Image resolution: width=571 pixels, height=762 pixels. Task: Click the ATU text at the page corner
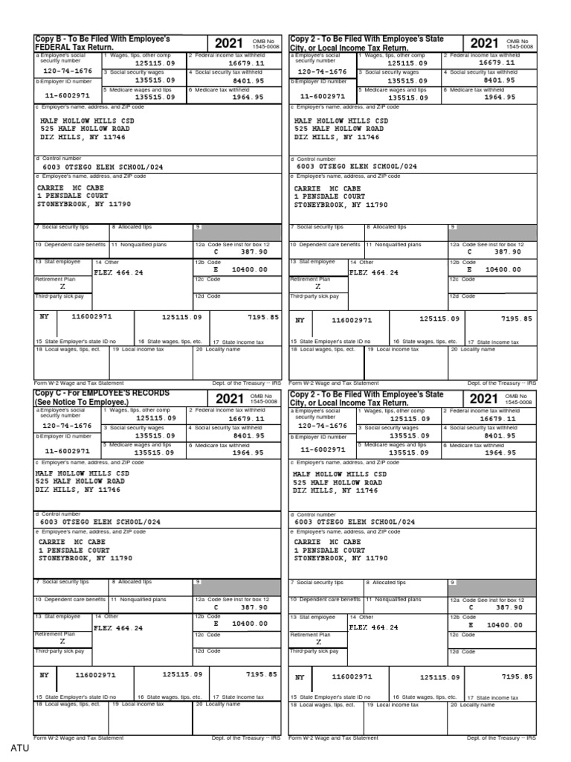[x=19, y=748]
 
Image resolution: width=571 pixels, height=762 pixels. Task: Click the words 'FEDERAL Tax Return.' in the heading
[x=70, y=46]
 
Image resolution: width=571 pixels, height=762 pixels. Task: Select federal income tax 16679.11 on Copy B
[x=247, y=64]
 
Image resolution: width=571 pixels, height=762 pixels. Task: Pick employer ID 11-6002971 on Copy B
[x=68, y=97]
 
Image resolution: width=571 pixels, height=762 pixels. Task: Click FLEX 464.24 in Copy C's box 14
[x=119, y=628]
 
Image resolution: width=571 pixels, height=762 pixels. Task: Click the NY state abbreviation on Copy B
[x=44, y=317]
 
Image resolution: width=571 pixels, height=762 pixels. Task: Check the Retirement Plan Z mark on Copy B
[x=62, y=286]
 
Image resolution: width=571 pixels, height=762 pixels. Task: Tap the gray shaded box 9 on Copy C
[x=236, y=586]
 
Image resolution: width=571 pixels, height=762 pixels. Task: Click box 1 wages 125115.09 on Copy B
[x=155, y=64]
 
